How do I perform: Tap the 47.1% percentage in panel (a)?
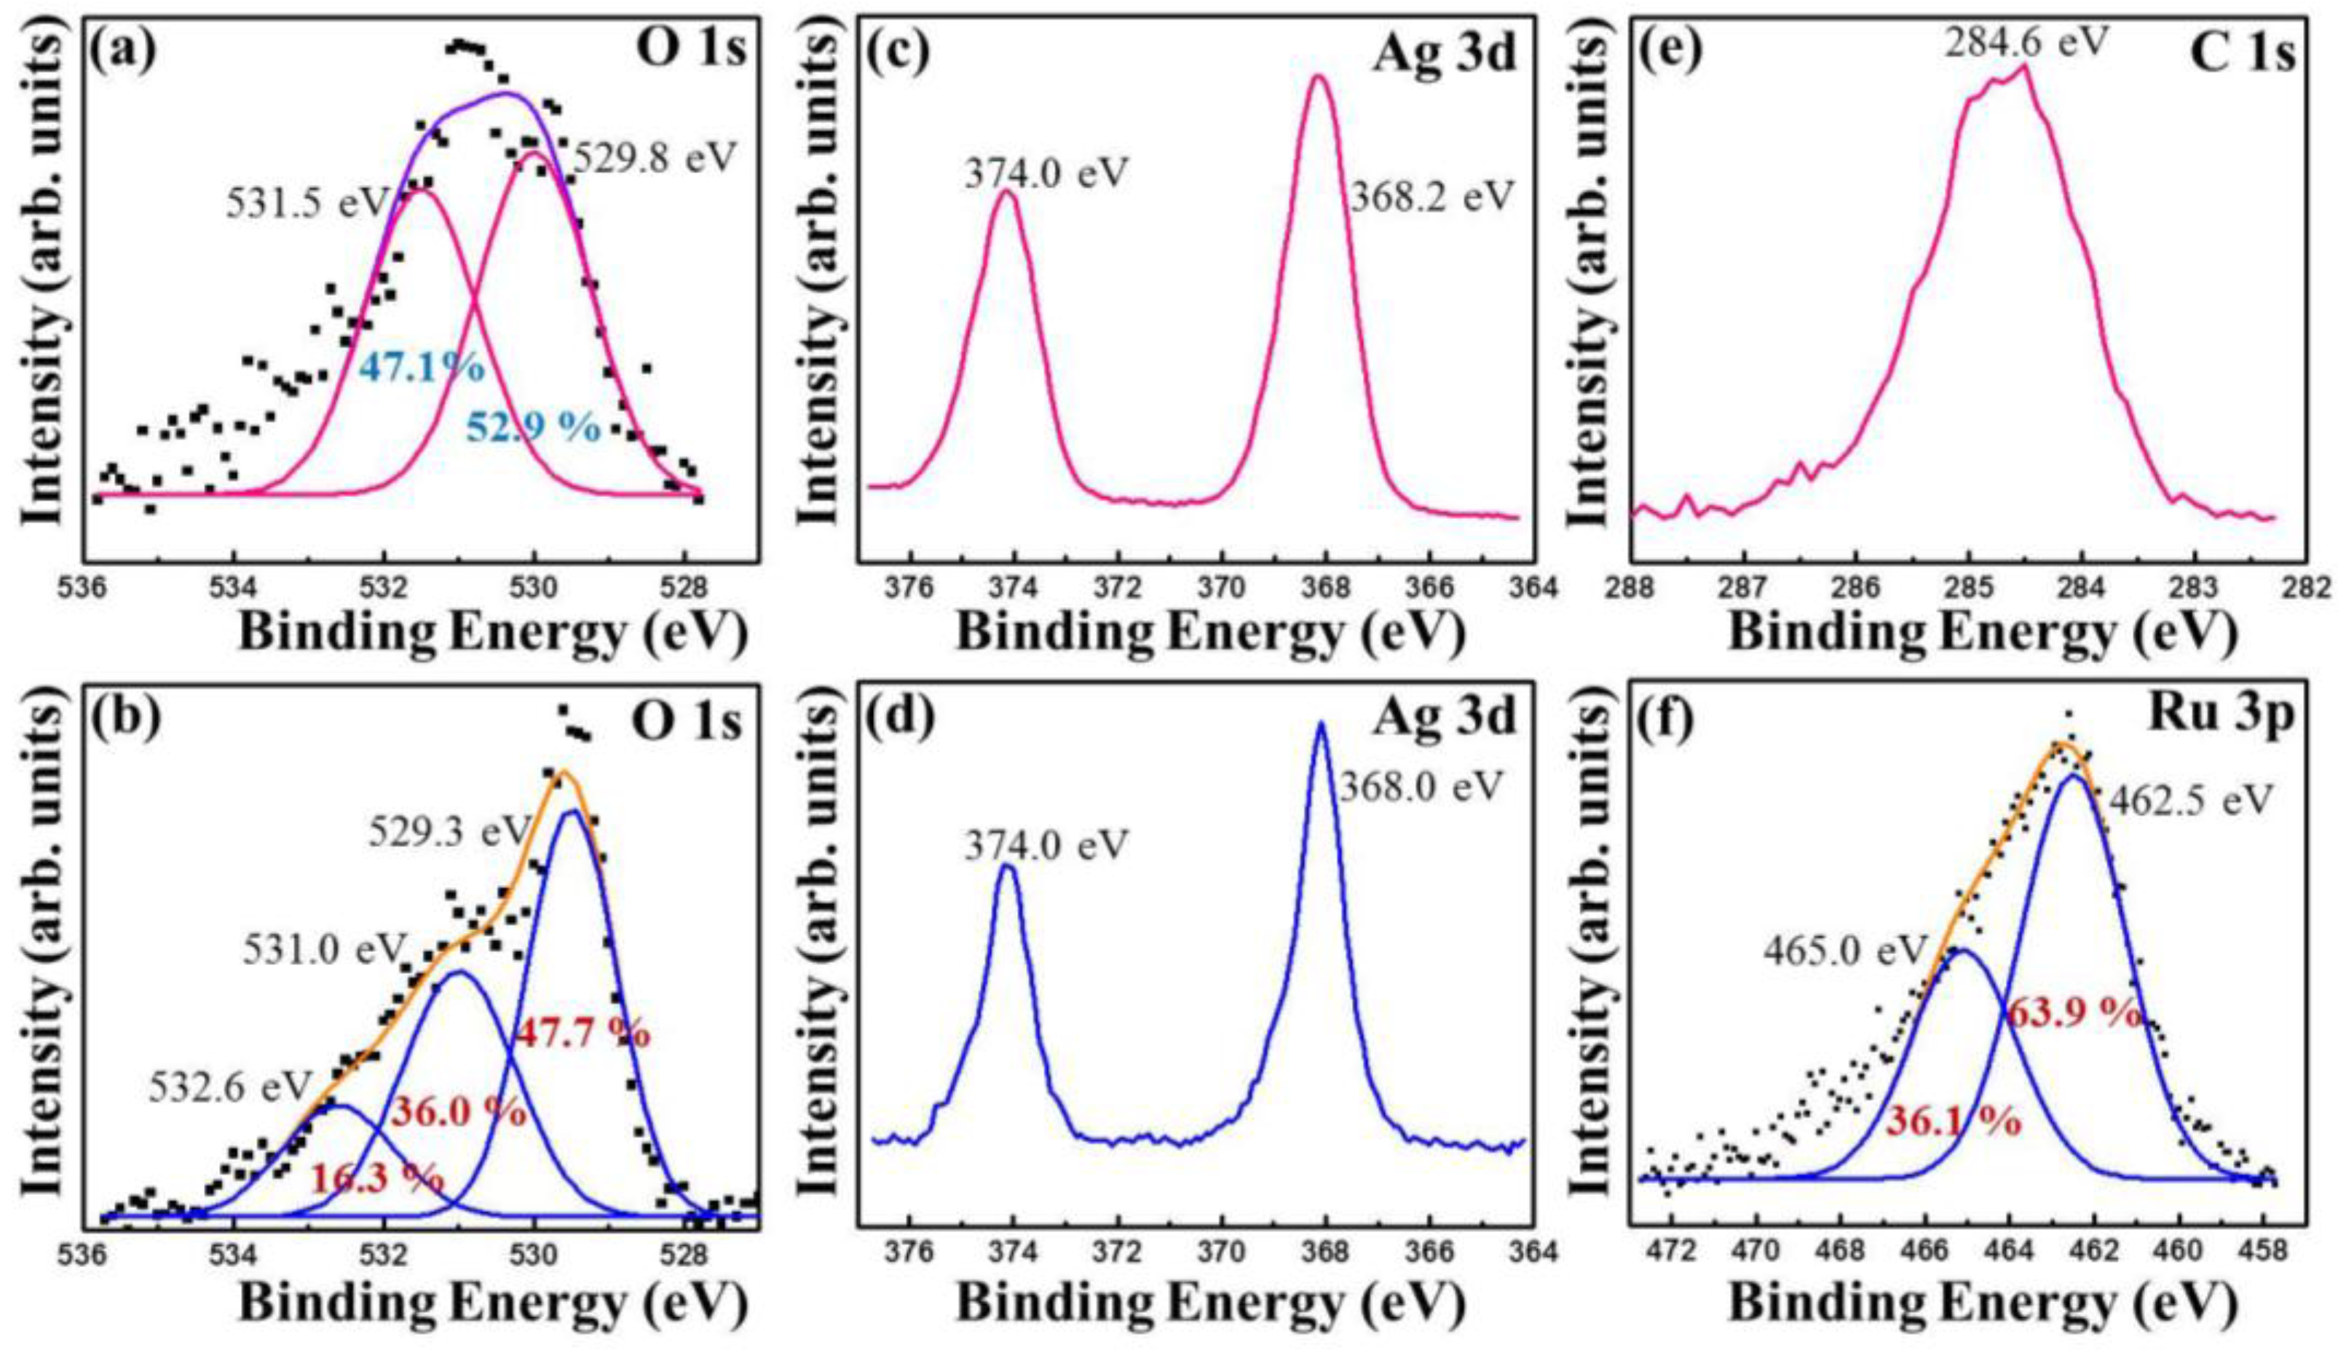tap(422, 368)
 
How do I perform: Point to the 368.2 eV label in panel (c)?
tap(1431, 197)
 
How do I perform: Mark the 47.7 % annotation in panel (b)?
tap(582, 1032)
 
